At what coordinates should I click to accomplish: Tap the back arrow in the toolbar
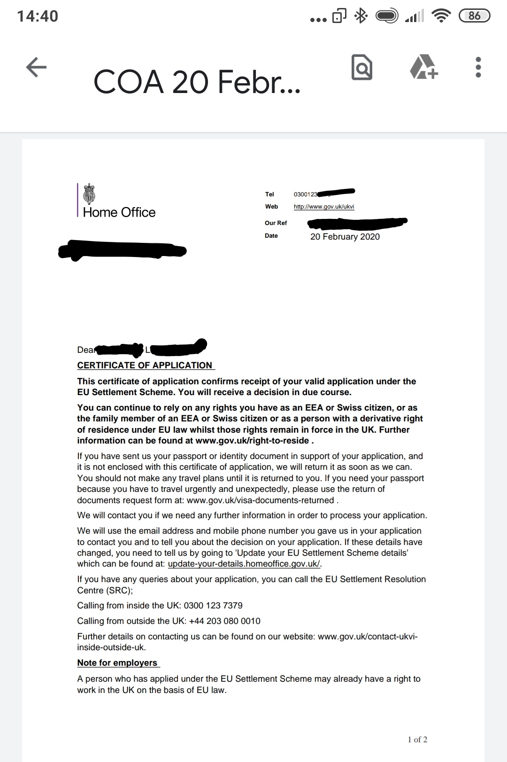(36, 67)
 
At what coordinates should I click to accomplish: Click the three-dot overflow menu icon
(478, 67)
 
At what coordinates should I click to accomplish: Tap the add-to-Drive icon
(423, 67)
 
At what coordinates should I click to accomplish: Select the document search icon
(361, 67)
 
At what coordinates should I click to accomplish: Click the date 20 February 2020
(345, 237)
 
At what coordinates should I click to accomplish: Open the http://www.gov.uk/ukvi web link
(324, 207)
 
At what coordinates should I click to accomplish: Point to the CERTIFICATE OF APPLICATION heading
(145, 365)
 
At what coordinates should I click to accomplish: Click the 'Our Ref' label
(276, 223)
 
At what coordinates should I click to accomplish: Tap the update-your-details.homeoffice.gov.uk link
(244, 564)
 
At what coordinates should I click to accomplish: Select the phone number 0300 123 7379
(213, 606)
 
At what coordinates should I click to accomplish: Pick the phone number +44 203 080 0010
(224, 621)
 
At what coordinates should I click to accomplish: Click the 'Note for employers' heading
(117, 663)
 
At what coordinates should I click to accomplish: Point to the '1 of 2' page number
(417, 739)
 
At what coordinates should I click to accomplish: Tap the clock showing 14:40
(38, 16)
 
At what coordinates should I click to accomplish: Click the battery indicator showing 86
(474, 16)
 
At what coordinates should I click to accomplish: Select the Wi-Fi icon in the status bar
(440, 16)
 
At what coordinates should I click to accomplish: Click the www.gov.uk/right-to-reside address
(252, 441)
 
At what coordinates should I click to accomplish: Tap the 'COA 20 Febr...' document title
(197, 82)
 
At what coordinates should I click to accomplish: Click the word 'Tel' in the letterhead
(269, 194)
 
